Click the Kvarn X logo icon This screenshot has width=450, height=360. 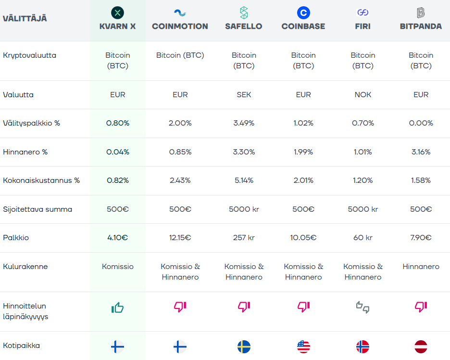[x=117, y=13]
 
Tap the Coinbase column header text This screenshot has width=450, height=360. [x=303, y=26]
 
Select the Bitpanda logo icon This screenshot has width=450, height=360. [x=421, y=13]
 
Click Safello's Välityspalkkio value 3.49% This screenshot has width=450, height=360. [x=244, y=123]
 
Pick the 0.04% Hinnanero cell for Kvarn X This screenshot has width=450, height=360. [x=117, y=152]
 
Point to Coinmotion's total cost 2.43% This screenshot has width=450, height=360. [x=180, y=180]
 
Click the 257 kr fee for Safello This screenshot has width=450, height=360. [x=244, y=238]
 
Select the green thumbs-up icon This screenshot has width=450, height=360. [x=117, y=308]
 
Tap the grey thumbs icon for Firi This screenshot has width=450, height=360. [x=362, y=307]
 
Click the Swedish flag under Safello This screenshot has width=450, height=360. [x=244, y=347]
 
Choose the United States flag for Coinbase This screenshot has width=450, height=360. [x=303, y=347]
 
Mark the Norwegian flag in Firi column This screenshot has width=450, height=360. [x=362, y=347]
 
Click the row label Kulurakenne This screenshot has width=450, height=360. [x=25, y=267]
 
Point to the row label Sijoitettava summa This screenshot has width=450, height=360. [x=37, y=209]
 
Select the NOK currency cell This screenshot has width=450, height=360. [x=362, y=95]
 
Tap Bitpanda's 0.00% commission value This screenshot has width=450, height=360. [x=421, y=123]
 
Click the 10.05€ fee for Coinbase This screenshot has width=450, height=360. [x=303, y=238]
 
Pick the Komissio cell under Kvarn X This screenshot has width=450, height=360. [x=117, y=267]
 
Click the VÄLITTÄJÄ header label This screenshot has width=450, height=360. [x=25, y=19]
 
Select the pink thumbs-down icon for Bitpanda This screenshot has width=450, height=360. [x=421, y=307]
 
